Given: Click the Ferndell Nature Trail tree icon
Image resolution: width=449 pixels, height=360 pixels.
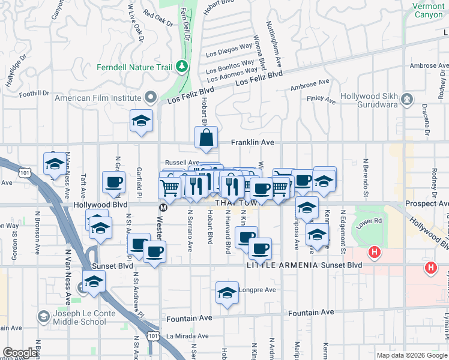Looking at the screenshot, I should pyautogui.click(x=181, y=67).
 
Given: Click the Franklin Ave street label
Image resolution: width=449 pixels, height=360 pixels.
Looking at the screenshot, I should pyautogui.click(x=253, y=143).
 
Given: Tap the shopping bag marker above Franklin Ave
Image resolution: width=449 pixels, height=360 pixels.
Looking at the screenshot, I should pyautogui.click(x=206, y=137).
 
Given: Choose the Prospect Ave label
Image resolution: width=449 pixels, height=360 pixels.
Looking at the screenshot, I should pyautogui.click(x=427, y=203).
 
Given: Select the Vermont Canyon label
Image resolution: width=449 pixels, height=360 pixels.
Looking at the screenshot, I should pyautogui.click(x=428, y=10).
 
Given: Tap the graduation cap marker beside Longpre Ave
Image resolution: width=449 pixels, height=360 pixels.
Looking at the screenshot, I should pyautogui.click(x=227, y=293).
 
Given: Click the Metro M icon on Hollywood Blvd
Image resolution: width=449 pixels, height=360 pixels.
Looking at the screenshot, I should pyautogui.click(x=162, y=208).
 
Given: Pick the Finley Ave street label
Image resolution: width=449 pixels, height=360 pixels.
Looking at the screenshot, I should pyautogui.click(x=321, y=100).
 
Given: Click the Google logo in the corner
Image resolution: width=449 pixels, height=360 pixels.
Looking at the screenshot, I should pyautogui.click(x=20, y=353).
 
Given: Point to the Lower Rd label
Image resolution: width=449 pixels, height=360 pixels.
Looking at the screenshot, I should pyautogui.click(x=369, y=222).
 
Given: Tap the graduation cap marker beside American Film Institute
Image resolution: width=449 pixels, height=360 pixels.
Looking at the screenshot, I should pyautogui.click(x=141, y=121).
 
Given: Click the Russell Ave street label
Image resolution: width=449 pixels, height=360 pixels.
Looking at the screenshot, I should pyautogui.click(x=182, y=162).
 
